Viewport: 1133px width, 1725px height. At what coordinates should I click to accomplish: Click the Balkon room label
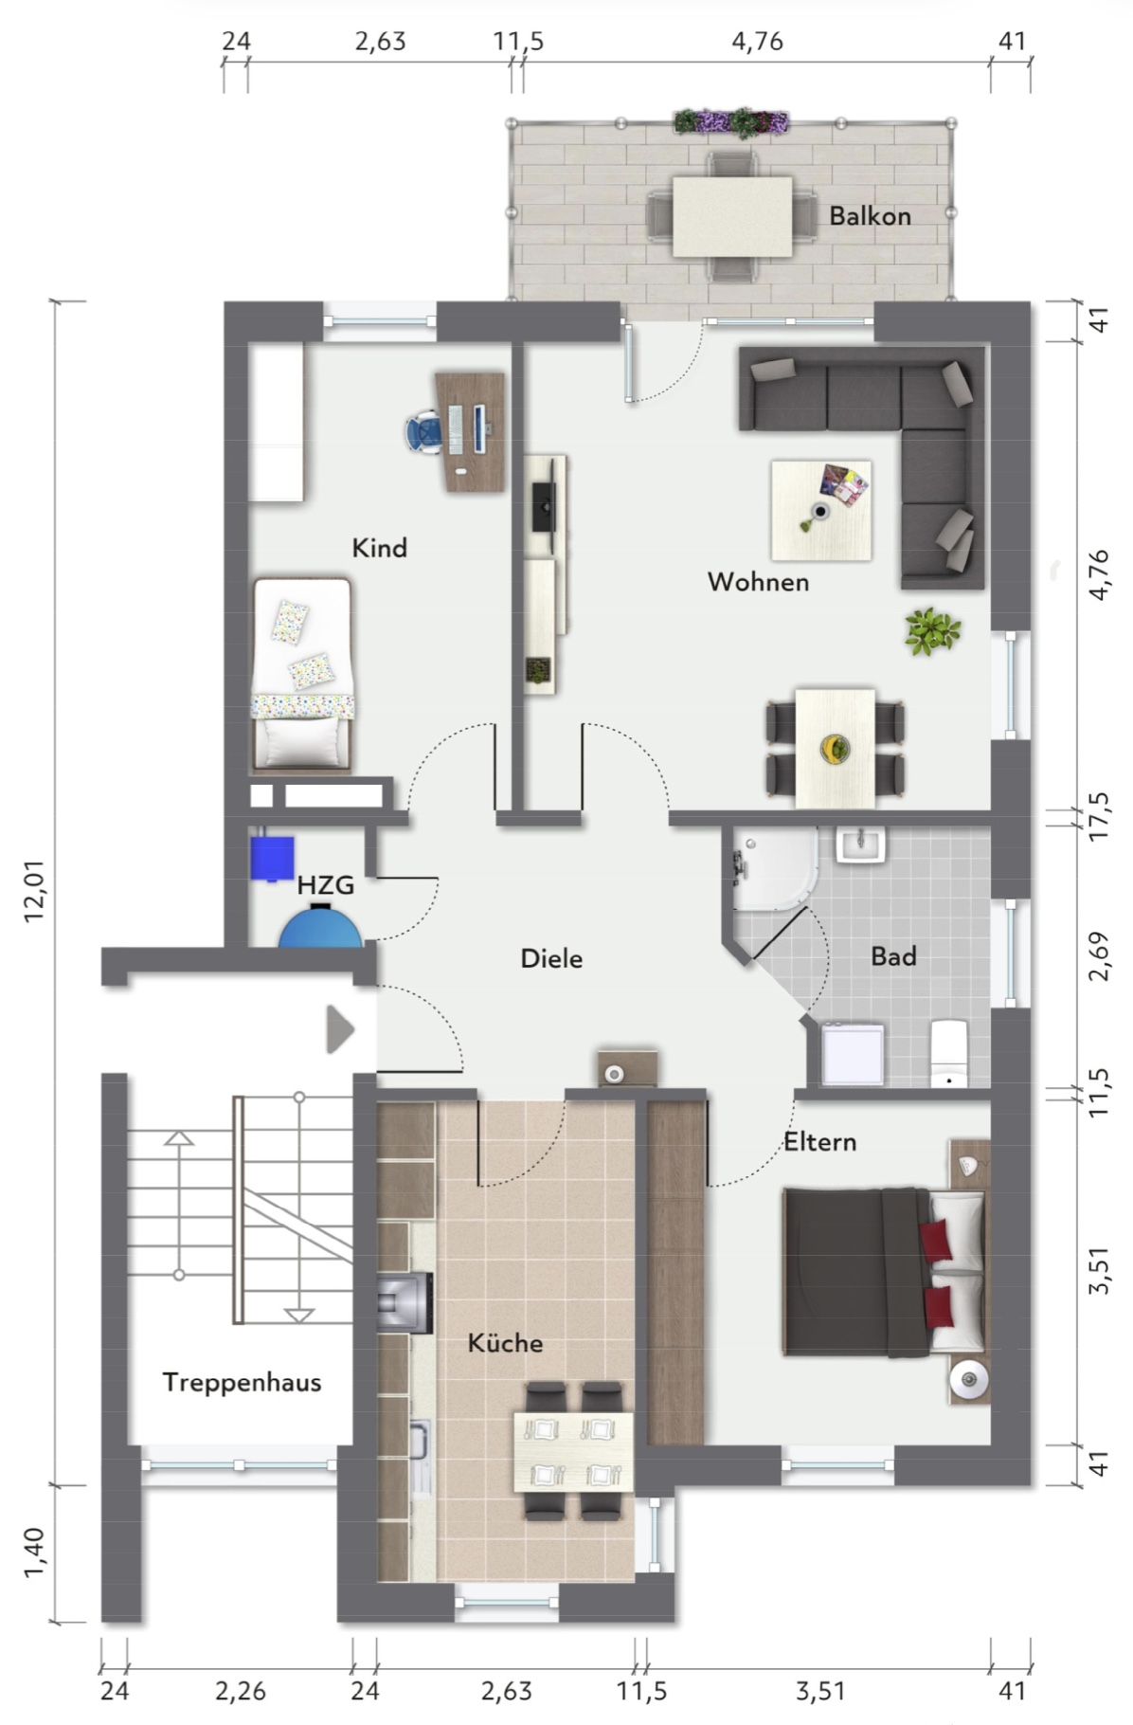[870, 216]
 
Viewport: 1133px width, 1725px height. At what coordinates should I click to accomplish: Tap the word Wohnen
[758, 582]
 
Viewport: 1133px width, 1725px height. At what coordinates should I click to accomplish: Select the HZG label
[325, 885]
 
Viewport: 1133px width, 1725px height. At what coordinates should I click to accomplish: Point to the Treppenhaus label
[242, 1382]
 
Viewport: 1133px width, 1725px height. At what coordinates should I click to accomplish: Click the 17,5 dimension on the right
[1099, 817]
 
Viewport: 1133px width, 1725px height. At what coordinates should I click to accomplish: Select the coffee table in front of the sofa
[821, 511]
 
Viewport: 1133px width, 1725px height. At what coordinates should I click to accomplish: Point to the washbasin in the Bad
[860, 844]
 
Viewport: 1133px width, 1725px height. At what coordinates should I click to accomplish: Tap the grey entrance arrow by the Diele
[340, 1029]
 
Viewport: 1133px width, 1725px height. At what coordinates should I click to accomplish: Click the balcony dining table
[732, 216]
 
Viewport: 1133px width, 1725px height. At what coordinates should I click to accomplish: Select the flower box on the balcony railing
[730, 122]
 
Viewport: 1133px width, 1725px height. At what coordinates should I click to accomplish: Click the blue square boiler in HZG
[272, 857]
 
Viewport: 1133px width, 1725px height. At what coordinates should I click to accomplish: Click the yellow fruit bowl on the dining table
[835, 748]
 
